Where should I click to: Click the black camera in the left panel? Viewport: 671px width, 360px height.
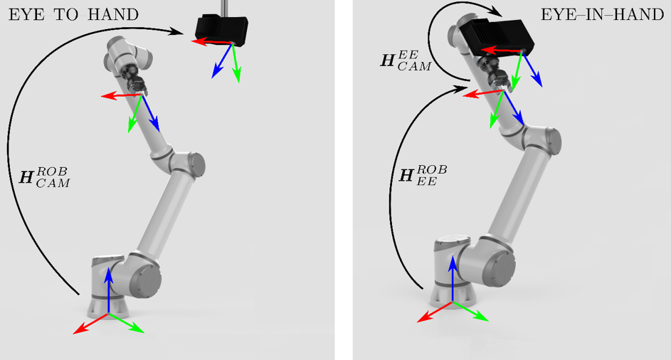tap(221, 31)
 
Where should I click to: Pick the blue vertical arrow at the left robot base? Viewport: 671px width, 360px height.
tap(108, 288)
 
